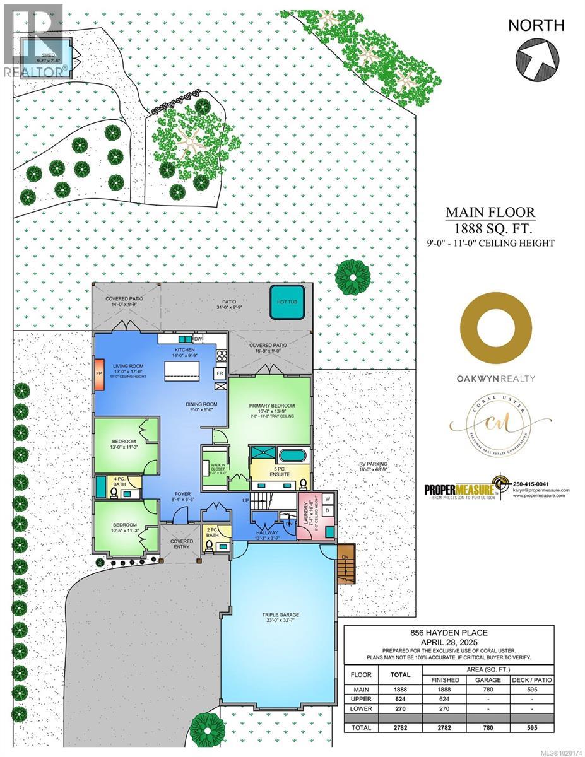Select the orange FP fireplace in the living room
point(100,373)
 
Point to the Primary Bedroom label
point(271,406)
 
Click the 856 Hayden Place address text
point(449,633)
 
